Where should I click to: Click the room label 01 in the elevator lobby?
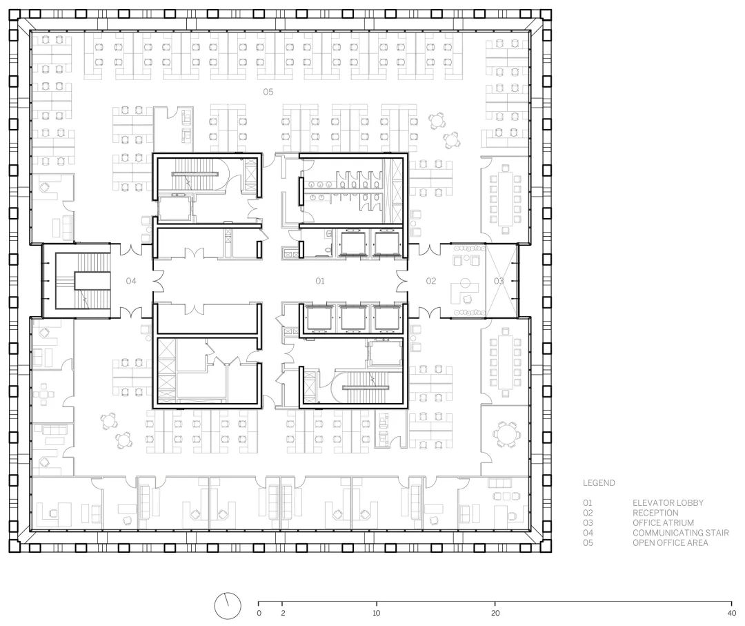coord(320,282)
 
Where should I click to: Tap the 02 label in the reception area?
coord(431,282)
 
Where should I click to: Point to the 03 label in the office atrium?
coord(499,282)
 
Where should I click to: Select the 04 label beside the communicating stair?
coord(131,282)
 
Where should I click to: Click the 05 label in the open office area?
coord(268,92)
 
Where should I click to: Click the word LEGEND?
coord(599,483)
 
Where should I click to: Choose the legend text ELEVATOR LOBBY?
coord(668,503)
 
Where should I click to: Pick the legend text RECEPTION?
coord(655,513)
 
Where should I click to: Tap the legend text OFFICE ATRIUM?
coord(663,523)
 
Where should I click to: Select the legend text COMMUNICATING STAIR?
coord(680,533)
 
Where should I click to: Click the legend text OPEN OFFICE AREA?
coord(670,542)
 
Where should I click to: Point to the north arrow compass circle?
coord(228,607)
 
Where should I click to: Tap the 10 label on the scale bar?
coord(377,613)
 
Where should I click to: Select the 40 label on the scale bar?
coord(732,613)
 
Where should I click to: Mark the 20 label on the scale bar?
coord(495,613)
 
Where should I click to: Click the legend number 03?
coord(588,523)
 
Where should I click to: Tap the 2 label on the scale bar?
coord(283,613)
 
